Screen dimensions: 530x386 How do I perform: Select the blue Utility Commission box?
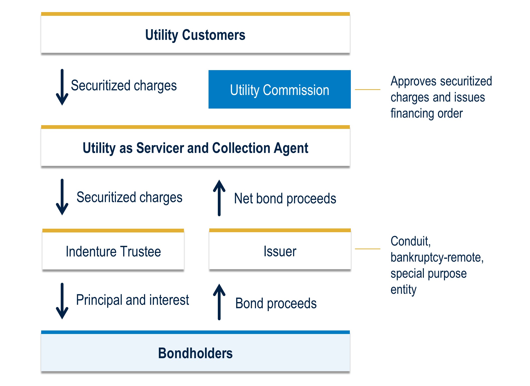(280, 89)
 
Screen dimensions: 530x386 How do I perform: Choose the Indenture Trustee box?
(113, 249)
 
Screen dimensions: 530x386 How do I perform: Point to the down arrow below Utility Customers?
(62, 87)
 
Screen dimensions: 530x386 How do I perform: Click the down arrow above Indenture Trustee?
(62, 197)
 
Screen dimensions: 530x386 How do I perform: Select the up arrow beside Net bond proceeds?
(219, 198)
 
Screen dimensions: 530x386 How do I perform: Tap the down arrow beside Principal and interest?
(62, 301)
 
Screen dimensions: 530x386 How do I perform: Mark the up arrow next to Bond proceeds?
(219, 302)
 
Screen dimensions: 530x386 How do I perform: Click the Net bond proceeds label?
(285, 199)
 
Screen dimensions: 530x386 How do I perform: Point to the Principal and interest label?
(132, 300)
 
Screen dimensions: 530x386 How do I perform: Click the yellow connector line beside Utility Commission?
(368, 89)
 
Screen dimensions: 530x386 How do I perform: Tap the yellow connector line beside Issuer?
(368, 249)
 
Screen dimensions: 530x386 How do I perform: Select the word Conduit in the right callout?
(411, 241)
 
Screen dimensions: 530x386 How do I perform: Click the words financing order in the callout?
(427, 114)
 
